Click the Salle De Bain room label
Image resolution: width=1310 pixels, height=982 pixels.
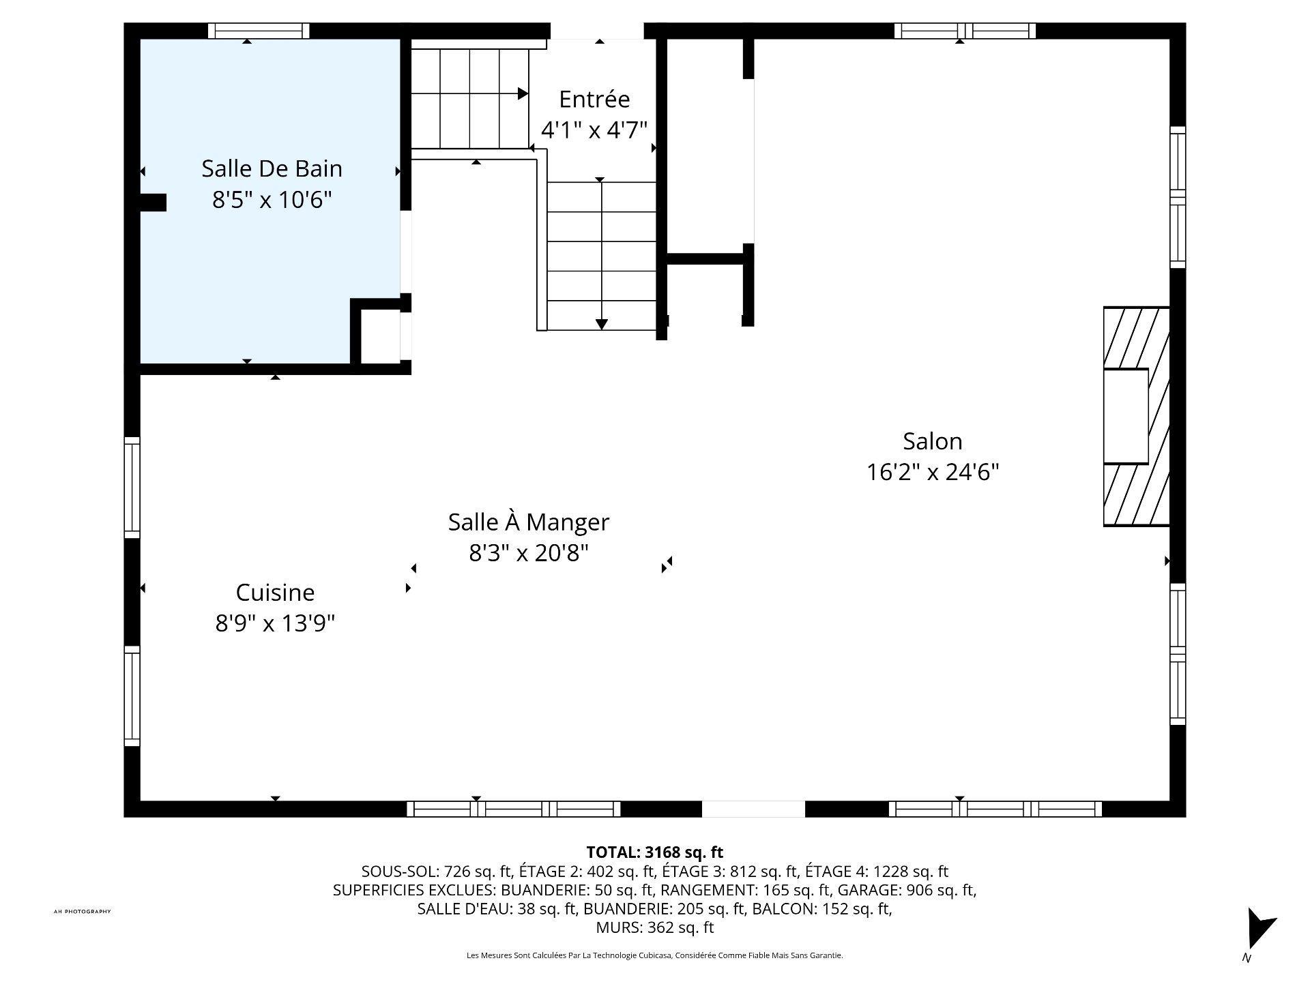click(x=272, y=168)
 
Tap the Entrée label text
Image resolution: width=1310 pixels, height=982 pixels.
click(x=594, y=99)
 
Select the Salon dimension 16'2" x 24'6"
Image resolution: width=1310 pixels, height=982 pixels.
click(x=933, y=472)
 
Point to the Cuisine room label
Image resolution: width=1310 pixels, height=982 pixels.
click(x=275, y=593)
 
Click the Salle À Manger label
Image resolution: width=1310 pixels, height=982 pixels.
click(x=529, y=522)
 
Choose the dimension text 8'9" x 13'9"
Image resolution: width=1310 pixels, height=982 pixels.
click(x=275, y=623)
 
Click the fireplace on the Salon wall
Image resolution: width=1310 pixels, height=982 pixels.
click(x=1137, y=417)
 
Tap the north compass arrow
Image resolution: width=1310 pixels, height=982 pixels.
click(x=1260, y=929)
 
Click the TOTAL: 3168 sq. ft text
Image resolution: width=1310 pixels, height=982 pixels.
click(x=655, y=852)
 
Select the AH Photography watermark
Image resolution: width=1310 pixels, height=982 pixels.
click(x=82, y=912)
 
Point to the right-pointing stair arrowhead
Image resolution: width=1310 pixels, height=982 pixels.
click(x=523, y=93)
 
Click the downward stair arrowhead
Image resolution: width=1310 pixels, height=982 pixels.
click(x=601, y=325)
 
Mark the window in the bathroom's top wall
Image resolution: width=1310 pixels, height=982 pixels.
click(x=259, y=31)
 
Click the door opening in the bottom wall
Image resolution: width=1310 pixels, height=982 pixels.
click(x=754, y=809)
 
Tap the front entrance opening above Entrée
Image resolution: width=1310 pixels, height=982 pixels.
click(x=597, y=31)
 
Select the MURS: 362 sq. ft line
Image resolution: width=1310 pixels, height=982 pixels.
click(x=655, y=927)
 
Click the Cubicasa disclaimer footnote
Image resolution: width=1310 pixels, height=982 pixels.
click(x=655, y=955)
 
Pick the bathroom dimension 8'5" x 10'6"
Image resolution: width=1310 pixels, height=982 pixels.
click(x=272, y=200)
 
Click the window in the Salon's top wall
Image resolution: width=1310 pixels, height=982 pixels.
click(x=965, y=31)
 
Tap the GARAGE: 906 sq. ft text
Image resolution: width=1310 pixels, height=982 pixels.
click(x=907, y=890)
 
